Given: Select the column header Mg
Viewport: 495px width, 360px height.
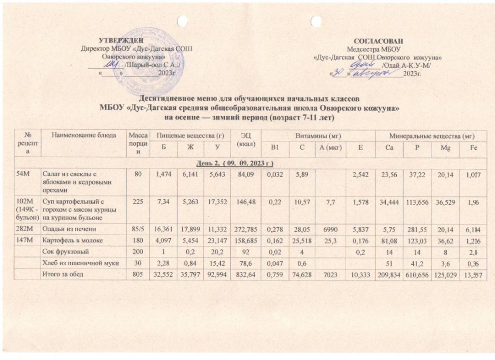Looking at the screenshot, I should (444, 147).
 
